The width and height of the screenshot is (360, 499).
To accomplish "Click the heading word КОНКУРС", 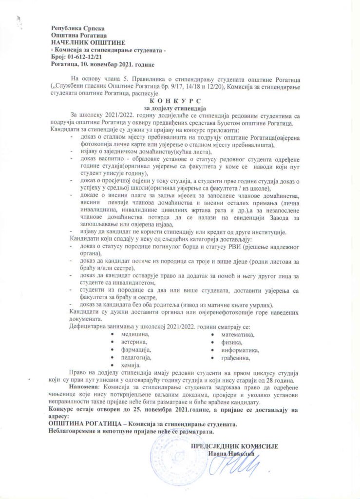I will (x=180, y=100).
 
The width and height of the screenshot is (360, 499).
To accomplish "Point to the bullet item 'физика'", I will (x=231, y=343).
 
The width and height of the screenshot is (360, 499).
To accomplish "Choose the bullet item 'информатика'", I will (x=240, y=350).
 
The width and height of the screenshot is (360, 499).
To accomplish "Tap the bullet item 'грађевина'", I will (x=236, y=358).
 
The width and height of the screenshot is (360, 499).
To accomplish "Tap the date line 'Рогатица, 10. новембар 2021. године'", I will (x=102, y=64).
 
